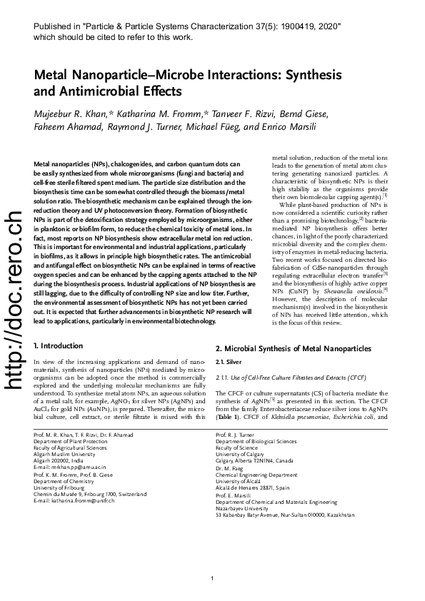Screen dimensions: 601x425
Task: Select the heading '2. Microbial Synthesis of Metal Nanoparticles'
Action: [x=293, y=348]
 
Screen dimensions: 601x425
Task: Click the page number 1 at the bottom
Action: [x=212, y=577]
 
